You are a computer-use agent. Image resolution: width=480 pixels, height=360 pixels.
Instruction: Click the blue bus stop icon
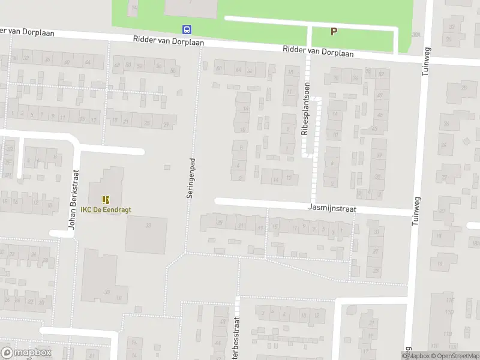187,29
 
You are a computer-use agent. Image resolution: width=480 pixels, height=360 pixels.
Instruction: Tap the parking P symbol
334,32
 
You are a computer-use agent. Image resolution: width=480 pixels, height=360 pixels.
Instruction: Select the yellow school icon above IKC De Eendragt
106,199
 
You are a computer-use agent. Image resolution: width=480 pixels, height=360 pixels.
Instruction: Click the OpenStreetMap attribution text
453,356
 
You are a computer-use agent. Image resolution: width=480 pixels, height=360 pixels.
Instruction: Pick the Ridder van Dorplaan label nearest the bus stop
170,42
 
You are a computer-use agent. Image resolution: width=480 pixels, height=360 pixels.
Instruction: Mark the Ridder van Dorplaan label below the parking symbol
319,52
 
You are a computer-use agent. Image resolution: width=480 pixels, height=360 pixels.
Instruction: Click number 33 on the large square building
148,225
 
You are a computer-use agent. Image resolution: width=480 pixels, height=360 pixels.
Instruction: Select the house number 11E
449,301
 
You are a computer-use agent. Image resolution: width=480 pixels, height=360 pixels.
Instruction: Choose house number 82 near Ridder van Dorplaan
382,74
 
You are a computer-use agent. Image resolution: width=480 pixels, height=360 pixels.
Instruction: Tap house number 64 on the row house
239,70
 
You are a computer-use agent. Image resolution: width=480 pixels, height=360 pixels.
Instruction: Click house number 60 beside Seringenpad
218,68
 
